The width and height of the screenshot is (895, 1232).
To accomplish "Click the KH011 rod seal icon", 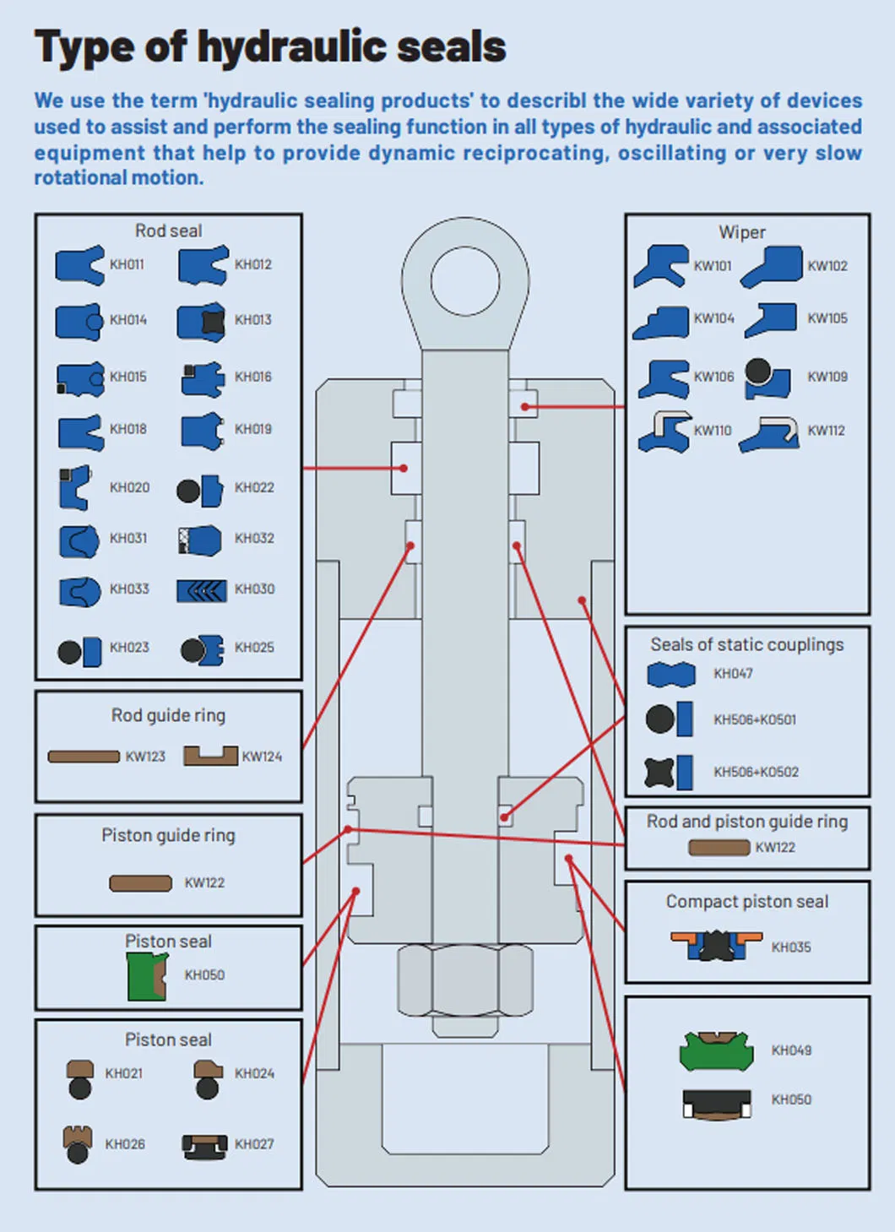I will pos(79,264).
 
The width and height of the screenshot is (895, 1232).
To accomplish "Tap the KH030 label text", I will pos(254,589).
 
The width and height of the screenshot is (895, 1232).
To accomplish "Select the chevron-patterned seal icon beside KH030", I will pos(201,590).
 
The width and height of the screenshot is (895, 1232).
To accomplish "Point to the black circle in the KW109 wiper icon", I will pos(757,370).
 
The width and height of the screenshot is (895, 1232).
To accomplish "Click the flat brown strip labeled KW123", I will pos(84,757).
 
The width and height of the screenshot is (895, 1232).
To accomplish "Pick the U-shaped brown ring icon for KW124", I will pos(210,756).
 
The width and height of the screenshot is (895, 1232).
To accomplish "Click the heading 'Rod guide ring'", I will pos(168,715).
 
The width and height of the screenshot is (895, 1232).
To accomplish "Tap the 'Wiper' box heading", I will pos(742,232).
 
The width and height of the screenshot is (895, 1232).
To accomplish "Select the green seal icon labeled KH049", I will pos(716,1050).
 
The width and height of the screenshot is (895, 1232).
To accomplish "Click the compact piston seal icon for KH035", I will pos(716,945).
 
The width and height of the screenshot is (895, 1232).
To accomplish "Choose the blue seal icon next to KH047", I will pos(671,674).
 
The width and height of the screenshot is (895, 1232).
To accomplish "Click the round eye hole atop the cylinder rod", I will pos(464,280).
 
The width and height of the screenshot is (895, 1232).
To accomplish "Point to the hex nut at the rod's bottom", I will pos(464,980).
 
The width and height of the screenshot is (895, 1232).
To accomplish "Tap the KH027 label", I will pos(254,1144).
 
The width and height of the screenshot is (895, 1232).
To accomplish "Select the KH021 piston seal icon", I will pos(80,1079).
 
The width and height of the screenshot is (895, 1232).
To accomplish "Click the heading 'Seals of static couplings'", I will pos(746,644).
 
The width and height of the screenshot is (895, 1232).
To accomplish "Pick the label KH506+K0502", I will pos(756,772).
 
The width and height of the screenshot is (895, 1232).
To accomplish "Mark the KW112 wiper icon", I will pos(770,433).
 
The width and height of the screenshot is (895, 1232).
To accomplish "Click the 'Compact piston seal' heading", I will pos(746,902).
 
